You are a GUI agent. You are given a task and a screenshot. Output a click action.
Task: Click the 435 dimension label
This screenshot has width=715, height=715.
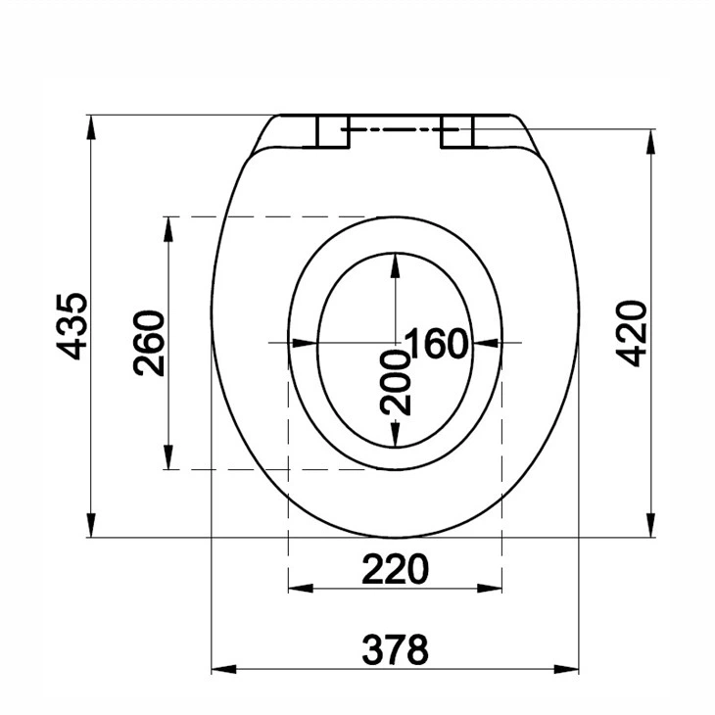point(73,325)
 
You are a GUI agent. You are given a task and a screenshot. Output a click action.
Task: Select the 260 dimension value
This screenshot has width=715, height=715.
point(150,343)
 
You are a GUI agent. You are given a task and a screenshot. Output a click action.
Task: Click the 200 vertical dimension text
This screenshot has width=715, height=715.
point(395,381)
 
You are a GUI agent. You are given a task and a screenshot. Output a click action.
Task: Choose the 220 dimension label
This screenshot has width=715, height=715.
point(395,569)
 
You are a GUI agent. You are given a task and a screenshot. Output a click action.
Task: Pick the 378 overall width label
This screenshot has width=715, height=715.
point(395,648)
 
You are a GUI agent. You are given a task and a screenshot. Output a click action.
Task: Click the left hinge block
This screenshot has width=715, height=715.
point(331,132)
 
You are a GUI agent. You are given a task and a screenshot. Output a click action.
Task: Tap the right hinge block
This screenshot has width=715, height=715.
point(457,132)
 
